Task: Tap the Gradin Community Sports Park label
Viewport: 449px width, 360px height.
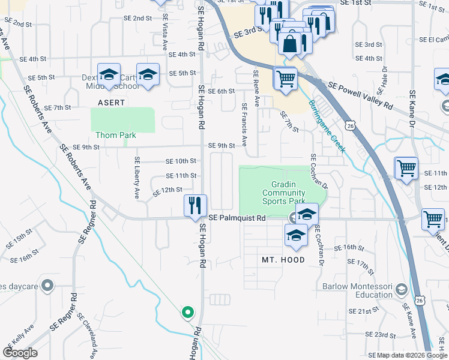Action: coord(284,193)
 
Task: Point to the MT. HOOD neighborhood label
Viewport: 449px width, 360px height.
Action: coord(283,260)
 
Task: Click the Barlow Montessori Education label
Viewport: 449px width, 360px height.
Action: coord(357,290)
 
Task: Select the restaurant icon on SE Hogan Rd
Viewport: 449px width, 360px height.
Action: coord(196,205)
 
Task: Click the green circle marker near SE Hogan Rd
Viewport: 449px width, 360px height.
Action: coord(188,313)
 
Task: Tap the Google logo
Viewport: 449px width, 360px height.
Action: coord(20,353)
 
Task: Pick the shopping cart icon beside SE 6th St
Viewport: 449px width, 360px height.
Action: coord(286,78)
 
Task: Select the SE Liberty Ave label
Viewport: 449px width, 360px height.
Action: coord(137,178)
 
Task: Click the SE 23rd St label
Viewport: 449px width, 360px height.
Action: coord(382,334)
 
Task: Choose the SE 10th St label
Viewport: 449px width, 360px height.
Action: coord(181,161)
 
